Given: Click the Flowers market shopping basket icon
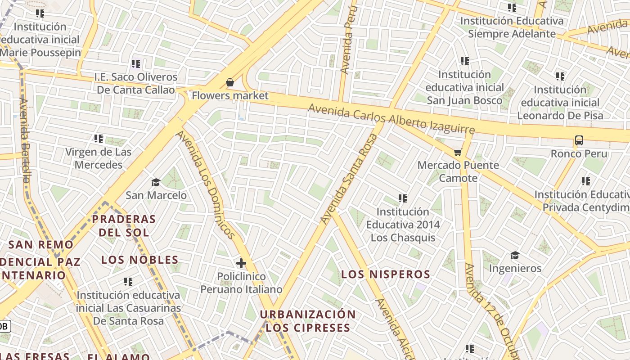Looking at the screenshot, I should tap(230, 82).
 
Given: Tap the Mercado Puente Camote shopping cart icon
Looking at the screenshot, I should tap(458, 153).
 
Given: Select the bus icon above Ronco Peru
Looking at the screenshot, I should tap(579, 140).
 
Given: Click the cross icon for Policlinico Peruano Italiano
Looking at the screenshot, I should tap(241, 263).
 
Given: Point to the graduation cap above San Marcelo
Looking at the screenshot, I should tap(156, 182).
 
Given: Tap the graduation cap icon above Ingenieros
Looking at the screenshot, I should tap(515, 256).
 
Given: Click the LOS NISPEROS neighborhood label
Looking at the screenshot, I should tap(386, 274).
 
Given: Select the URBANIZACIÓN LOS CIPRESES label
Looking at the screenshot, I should tap(308, 321).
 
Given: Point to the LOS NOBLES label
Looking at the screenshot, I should tap(139, 260).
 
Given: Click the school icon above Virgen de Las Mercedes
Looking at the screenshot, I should tap(99, 139).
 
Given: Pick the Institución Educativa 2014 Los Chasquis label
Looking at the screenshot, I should tap(403, 224).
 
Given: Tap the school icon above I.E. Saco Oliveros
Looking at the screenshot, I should tap(136, 64).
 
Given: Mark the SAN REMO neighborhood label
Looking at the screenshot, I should tap(41, 245).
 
